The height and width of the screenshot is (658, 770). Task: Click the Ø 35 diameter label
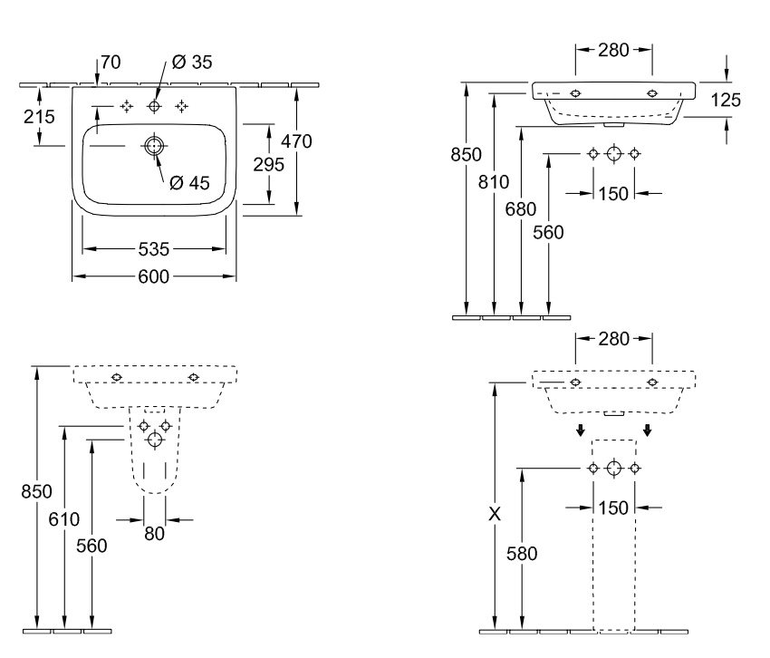pyautogui.click(x=192, y=62)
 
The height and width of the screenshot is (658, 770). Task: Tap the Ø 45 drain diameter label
pyautogui.click(x=189, y=183)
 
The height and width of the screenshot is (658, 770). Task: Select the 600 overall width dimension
pyautogui.click(x=154, y=276)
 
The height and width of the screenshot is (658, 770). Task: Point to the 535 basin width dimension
pyautogui.click(x=154, y=249)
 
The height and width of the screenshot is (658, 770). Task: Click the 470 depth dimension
pyautogui.click(x=296, y=141)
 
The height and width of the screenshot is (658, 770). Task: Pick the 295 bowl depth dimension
pyautogui.click(x=269, y=164)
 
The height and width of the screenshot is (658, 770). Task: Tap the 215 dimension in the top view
pyautogui.click(x=39, y=117)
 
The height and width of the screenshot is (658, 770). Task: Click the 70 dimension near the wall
pyautogui.click(x=111, y=62)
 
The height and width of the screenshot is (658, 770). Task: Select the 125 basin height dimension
pyautogui.click(x=726, y=100)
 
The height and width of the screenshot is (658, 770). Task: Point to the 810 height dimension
pyautogui.click(x=494, y=182)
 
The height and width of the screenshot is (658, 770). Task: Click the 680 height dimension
pyautogui.click(x=521, y=209)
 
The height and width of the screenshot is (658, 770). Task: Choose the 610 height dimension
pyautogui.click(x=63, y=519)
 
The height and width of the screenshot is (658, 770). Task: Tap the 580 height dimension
pyautogui.click(x=522, y=554)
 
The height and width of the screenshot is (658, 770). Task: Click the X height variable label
pyautogui.click(x=495, y=514)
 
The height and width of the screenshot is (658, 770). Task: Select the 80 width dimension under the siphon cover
pyautogui.click(x=154, y=534)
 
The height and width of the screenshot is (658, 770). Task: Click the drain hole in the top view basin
pyautogui.click(x=154, y=146)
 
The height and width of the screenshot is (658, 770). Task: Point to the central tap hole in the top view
pyautogui.click(x=155, y=106)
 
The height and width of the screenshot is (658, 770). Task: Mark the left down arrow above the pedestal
pyautogui.click(x=581, y=431)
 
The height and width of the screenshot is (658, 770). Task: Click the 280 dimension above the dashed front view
pyautogui.click(x=614, y=339)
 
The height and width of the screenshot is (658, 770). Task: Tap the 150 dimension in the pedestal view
pyautogui.click(x=613, y=508)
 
